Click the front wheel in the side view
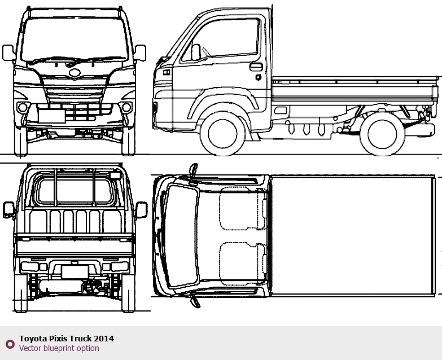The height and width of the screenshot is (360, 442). point(222,134)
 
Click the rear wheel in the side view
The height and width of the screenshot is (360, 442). point(382,134)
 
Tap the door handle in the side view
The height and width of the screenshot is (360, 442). point(256,67)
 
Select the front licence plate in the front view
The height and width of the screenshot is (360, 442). point(52,116)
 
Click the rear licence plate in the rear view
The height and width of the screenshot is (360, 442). point(75,272)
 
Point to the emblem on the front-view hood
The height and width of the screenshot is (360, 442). point(75,73)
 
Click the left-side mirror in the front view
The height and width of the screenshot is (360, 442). point(8,52)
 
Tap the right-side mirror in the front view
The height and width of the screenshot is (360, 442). point(140,52)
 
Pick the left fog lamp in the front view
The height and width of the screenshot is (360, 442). point(23,107)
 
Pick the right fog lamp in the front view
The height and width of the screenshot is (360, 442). point(126,107)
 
